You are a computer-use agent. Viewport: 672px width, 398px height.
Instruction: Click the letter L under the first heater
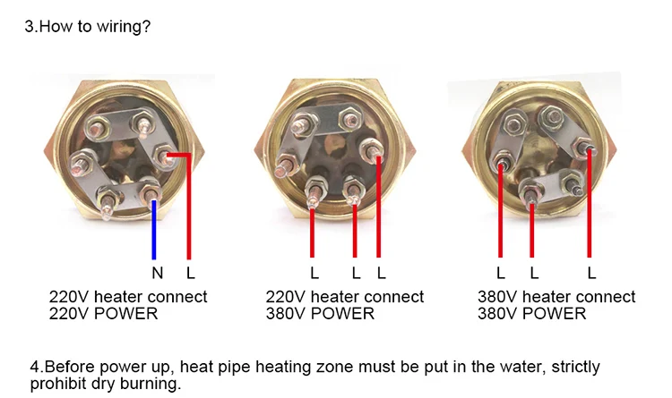click(189, 271)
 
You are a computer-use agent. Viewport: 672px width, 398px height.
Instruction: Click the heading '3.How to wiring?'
click(87, 27)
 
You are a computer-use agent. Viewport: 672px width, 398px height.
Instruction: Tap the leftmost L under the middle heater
click(314, 271)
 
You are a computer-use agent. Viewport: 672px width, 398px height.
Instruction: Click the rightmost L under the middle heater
click(381, 271)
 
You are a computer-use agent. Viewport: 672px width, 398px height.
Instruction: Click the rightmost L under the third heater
click(591, 271)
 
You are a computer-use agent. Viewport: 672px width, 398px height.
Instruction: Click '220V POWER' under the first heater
click(103, 313)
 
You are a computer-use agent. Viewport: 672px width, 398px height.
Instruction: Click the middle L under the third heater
click(533, 271)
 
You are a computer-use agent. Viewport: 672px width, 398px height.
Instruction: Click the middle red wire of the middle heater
click(356, 233)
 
